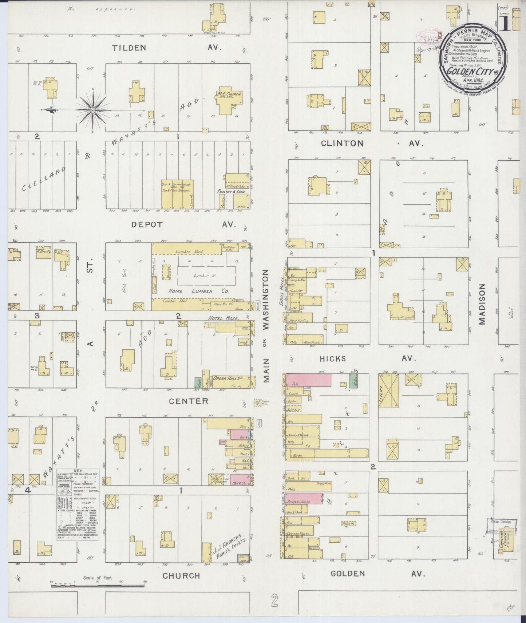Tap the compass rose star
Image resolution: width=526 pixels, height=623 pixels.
click(93, 110)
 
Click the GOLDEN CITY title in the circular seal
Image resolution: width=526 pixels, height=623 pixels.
click(470, 71)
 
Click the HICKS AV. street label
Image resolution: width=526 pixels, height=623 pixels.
click(368, 359)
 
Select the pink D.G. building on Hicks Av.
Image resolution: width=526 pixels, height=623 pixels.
click(308, 380)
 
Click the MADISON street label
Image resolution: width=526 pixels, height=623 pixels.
click(482, 304)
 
